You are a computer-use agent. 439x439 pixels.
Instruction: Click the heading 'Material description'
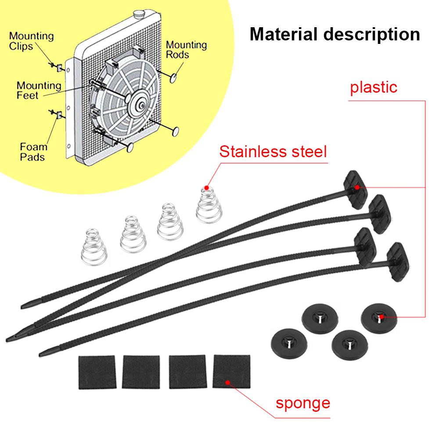(x=335, y=34)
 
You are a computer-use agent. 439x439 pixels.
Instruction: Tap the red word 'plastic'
(x=374, y=87)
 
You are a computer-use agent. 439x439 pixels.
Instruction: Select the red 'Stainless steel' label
(x=273, y=152)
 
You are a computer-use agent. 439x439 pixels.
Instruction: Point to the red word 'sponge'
(x=302, y=403)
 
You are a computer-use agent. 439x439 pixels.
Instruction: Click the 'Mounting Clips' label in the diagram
(x=31, y=40)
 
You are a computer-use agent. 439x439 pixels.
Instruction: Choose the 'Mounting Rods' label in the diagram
(x=186, y=50)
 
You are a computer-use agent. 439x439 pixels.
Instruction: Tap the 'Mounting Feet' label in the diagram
(x=39, y=90)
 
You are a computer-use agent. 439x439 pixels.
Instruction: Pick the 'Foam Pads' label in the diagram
(x=33, y=151)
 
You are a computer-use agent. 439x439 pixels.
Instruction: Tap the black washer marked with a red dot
(x=380, y=317)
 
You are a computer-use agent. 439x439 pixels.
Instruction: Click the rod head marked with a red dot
(x=356, y=186)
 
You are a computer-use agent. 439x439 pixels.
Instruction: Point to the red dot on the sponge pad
(x=227, y=382)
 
